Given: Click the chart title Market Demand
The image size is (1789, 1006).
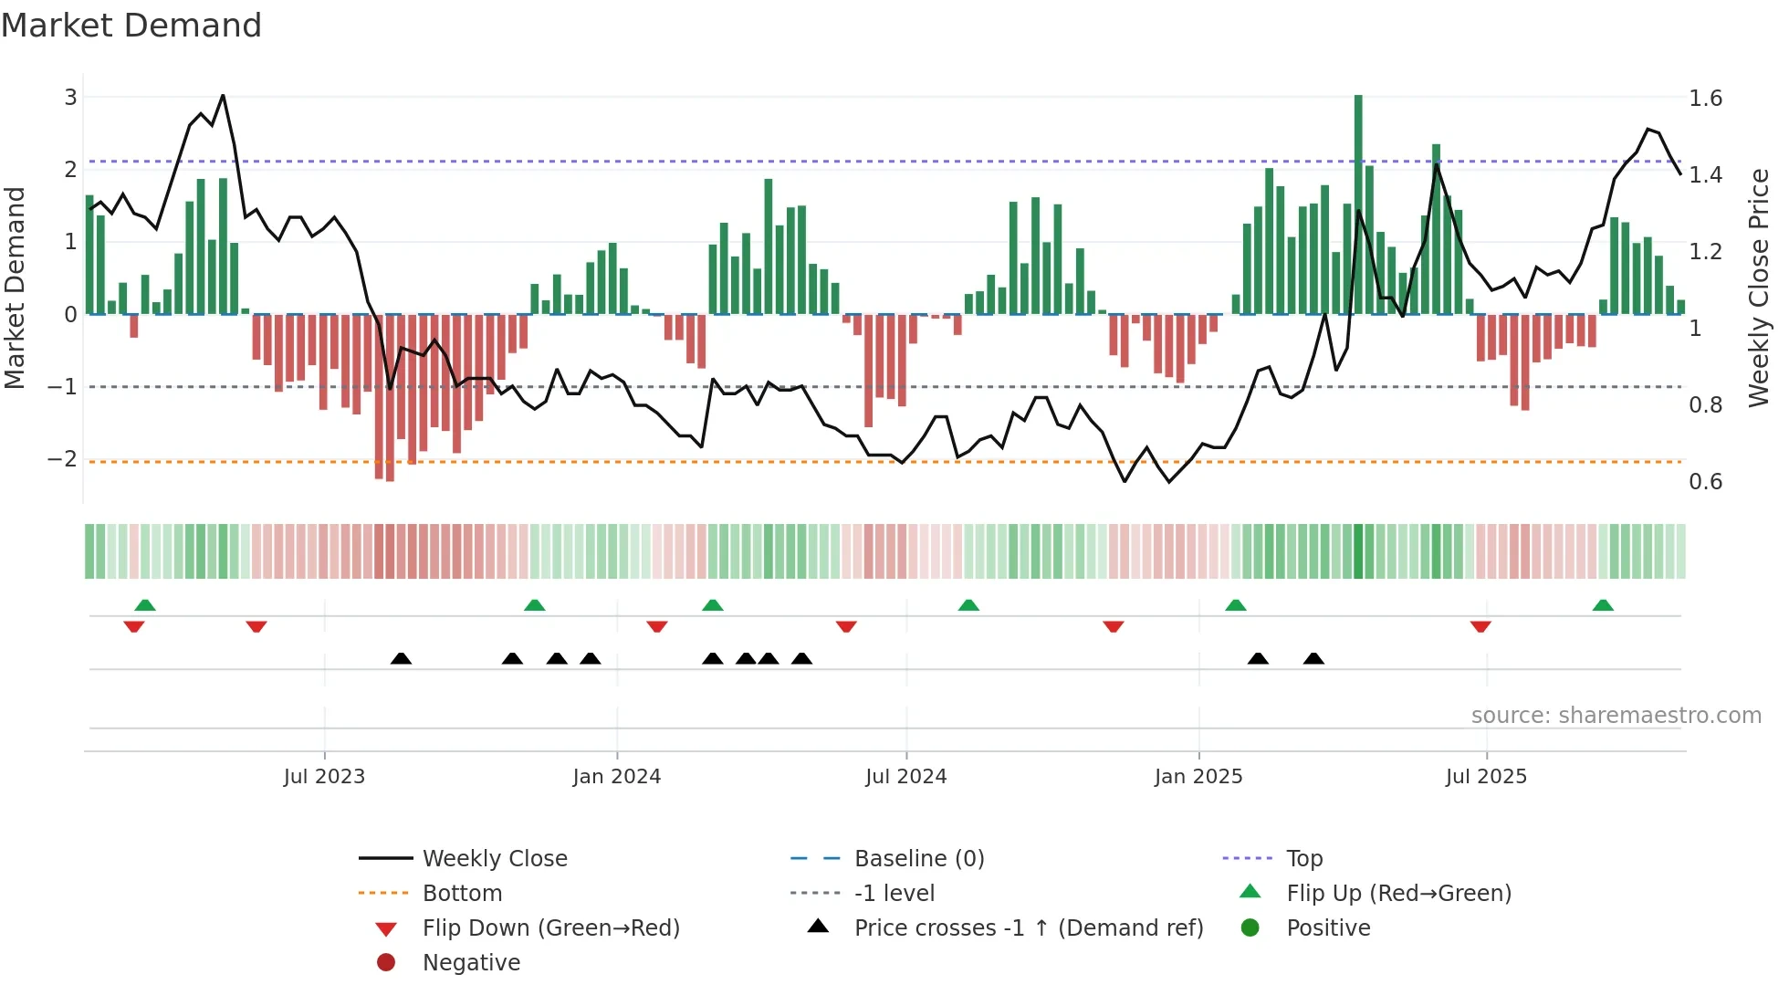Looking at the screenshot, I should [131, 26].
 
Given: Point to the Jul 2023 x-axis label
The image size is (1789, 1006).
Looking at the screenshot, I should [324, 777].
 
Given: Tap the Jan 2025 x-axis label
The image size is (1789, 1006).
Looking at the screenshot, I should [1198, 777].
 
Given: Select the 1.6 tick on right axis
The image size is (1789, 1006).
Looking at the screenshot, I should [1705, 99].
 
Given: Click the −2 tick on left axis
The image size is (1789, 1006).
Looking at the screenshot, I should [62, 459].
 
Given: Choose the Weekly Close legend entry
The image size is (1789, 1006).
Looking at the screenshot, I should [494, 859].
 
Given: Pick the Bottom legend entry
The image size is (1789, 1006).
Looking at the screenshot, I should [462, 894].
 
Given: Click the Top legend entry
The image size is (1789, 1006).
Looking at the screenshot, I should [1303, 859].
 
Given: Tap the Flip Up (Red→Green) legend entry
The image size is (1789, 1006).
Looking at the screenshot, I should [1398, 894].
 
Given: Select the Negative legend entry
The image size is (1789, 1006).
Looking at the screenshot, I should [471, 963].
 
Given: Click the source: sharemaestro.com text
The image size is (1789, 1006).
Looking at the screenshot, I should [1616, 716].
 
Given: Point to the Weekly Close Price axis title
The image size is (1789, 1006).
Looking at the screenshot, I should [1759, 288].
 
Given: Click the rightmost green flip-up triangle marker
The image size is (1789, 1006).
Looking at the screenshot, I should [1603, 605].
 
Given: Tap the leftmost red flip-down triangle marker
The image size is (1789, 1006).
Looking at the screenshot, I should [134, 626].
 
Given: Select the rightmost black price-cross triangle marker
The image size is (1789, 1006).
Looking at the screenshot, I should [1313, 659].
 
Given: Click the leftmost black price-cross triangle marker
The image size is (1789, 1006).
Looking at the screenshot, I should [401, 659].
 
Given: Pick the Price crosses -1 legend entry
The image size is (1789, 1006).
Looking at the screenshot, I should [1028, 928].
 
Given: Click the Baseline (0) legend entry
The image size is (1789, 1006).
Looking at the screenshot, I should [918, 859].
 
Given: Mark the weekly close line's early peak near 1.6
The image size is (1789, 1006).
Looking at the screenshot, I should [223, 96].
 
